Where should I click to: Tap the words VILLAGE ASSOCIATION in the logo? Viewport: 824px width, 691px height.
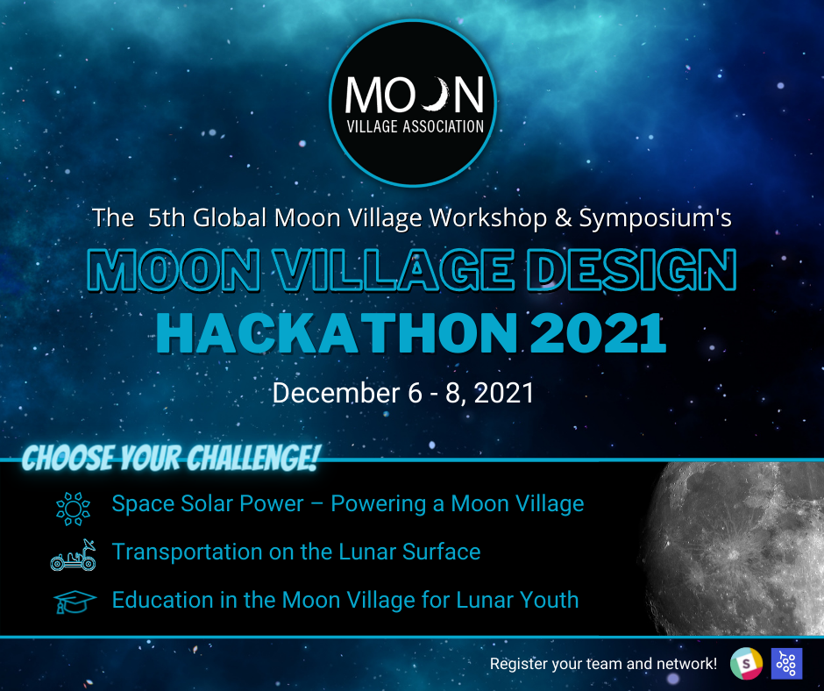coord(416,126)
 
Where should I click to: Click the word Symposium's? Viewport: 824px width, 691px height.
coord(656,218)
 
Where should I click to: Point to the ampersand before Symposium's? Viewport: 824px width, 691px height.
coord(564,217)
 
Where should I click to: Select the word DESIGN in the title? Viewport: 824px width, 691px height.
coord(632,270)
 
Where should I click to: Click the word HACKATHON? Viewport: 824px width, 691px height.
coord(337,333)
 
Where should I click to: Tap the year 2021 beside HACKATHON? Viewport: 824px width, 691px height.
coord(598,333)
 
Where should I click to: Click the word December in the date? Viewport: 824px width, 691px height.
coord(337,393)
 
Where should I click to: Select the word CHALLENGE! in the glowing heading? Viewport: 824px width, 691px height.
coord(252,458)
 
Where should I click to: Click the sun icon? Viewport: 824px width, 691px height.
coord(73,509)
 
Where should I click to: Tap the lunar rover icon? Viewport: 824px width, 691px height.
coord(73,555)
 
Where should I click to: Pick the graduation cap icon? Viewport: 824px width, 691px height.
coord(75,602)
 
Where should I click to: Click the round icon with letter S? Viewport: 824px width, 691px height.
coord(746,664)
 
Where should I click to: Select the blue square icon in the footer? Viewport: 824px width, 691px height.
coord(786,664)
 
